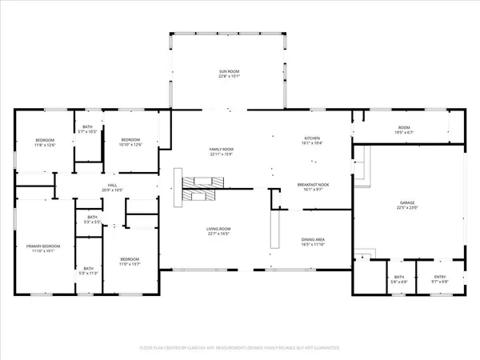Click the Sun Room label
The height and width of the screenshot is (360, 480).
(230, 72)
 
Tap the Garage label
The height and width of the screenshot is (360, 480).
(409, 203)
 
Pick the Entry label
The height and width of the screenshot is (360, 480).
(439, 277)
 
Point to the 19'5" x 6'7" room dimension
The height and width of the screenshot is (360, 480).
(404, 133)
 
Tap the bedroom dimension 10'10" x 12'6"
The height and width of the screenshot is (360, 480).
(130, 144)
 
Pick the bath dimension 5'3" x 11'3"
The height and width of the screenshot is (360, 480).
(88, 273)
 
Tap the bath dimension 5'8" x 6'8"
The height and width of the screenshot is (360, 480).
(398, 282)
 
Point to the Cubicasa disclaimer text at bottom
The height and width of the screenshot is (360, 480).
(240, 348)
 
